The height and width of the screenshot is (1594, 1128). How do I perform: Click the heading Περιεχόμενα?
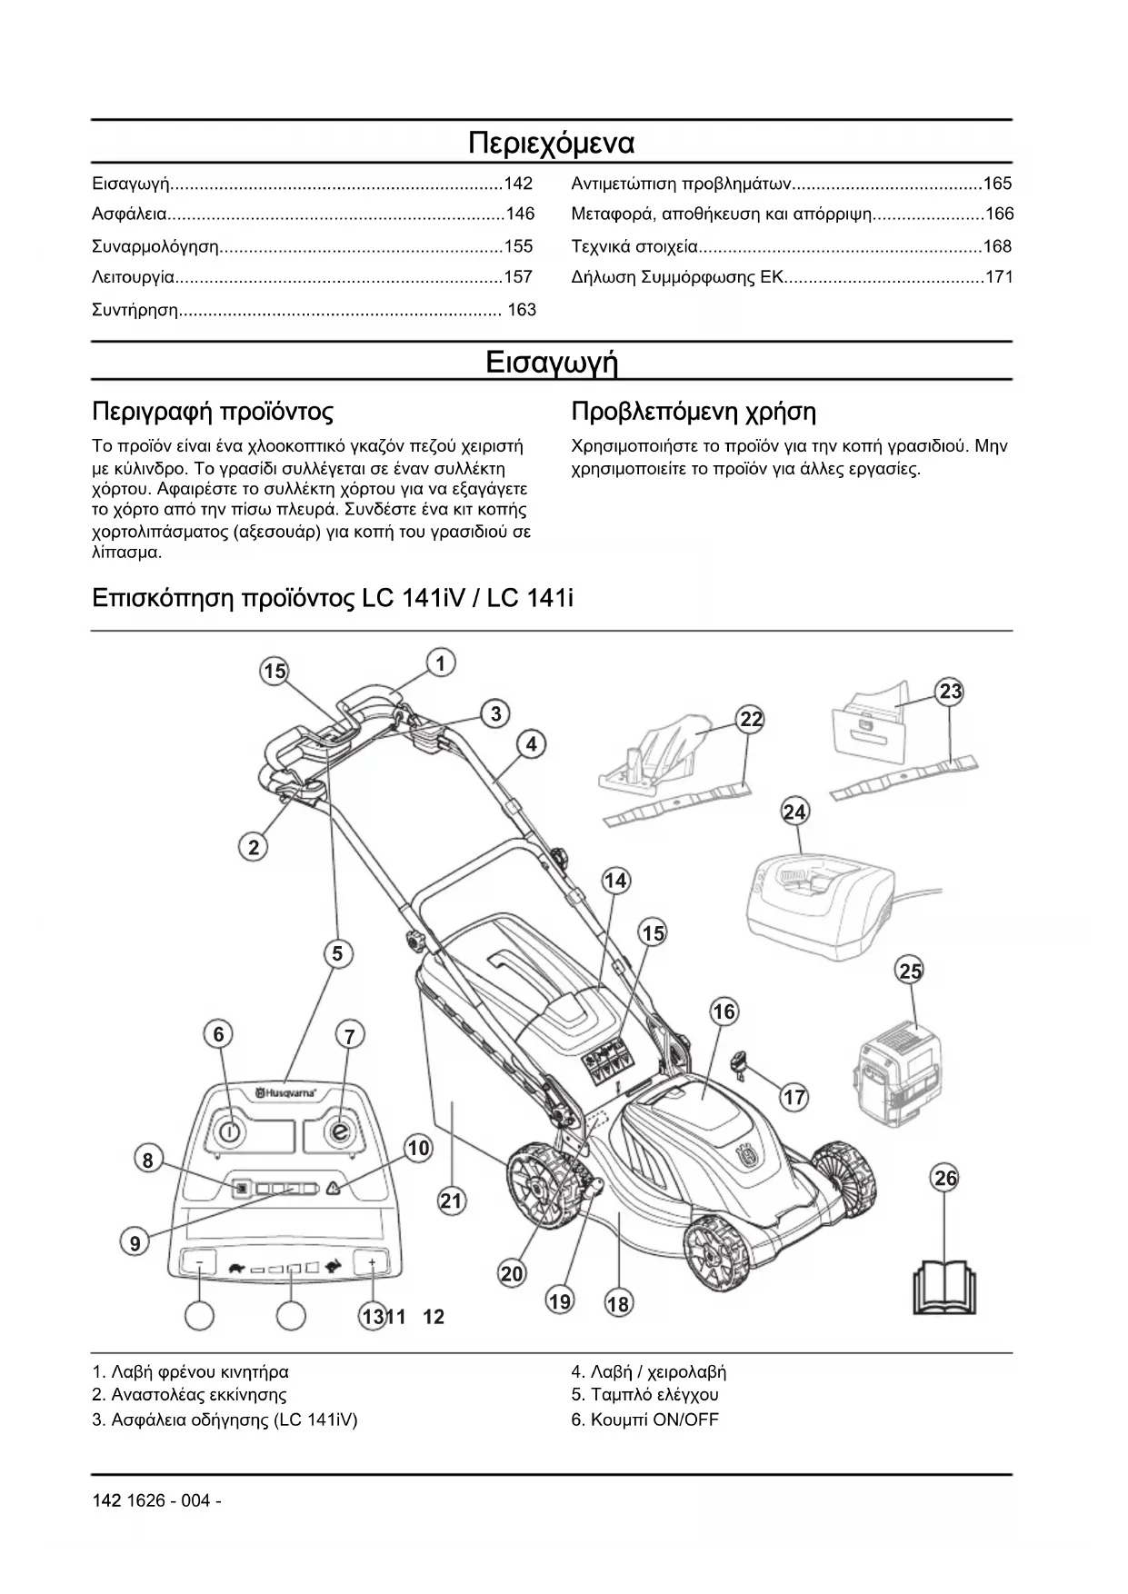tap(551, 144)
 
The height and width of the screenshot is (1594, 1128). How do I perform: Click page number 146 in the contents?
tap(520, 214)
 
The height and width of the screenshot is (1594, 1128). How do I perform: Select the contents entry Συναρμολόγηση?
tap(156, 246)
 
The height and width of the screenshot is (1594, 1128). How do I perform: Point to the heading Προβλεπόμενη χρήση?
tap(693, 413)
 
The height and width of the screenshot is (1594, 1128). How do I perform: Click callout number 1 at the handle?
tap(441, 663)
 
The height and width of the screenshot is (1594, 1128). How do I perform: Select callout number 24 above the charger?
tap(794, 812)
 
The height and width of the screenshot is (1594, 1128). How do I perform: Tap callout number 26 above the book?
tap(945, 1179)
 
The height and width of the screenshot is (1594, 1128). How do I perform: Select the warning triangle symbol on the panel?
tap(334, 1188)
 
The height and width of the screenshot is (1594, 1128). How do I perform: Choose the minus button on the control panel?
tap(200, 1262)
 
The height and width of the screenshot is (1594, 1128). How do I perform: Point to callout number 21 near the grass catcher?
tap(451, 1201)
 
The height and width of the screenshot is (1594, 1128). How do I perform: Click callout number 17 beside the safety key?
tap(794, 1097)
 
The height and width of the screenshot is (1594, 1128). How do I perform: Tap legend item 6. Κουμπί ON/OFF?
tap(644, 1420)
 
